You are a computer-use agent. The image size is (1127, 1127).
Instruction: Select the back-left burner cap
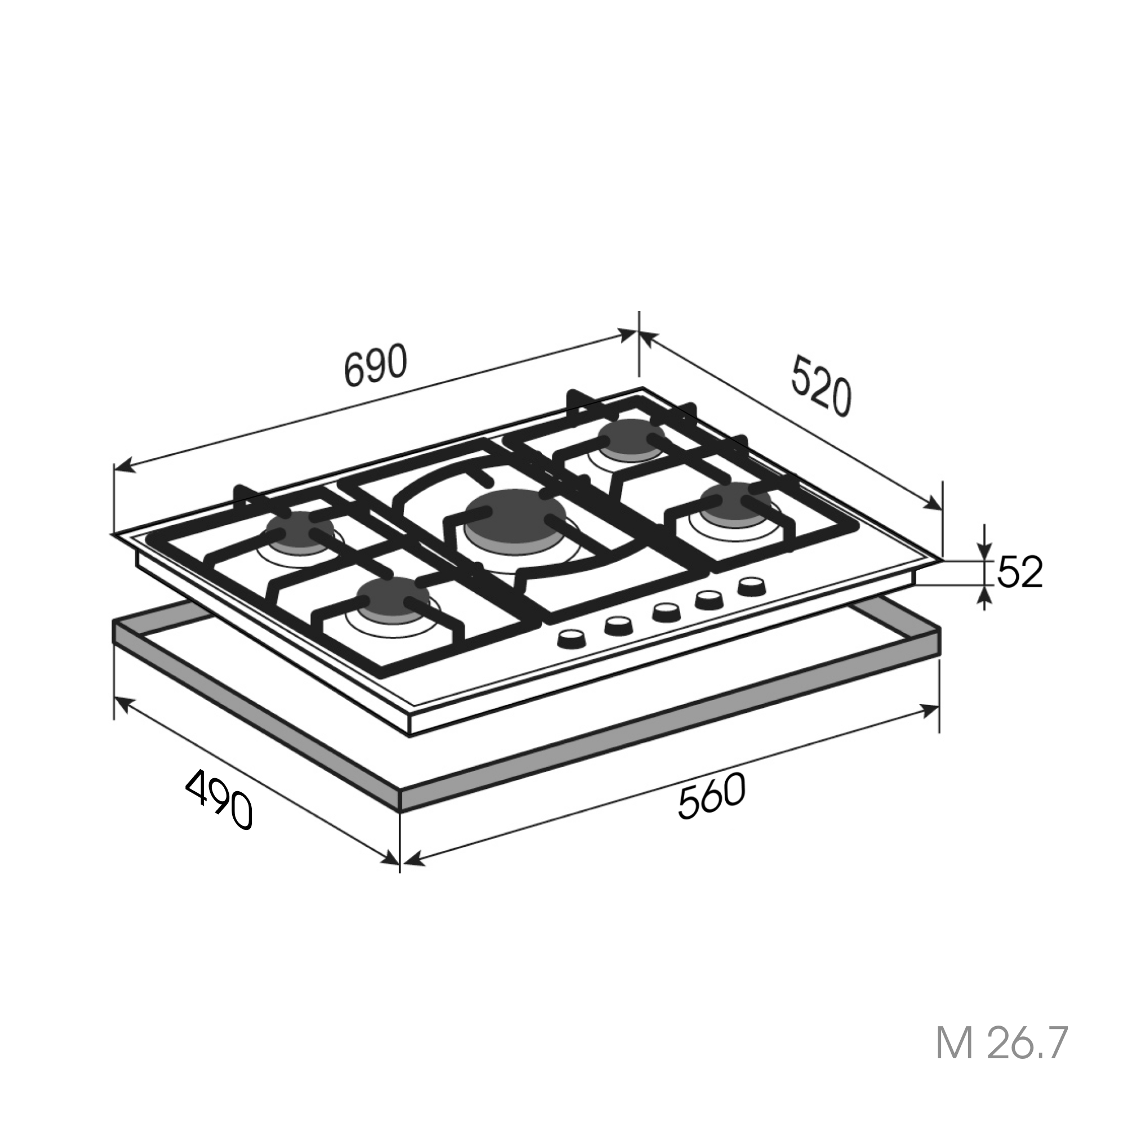click(x=300, y=530)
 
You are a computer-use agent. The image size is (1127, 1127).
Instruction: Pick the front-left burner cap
click(x=394, y=598)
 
